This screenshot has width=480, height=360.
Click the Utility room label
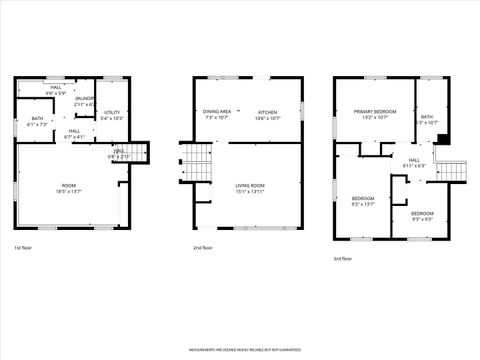(x=112, y=112)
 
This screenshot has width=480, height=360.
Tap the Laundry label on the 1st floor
(x=84, y=98)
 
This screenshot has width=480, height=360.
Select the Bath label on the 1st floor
(x=37, y=119)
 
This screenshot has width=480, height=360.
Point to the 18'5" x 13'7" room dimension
(x=68, y=190)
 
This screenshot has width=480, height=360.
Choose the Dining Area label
(x=217, y=111)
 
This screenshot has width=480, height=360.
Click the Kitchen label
(x=267, y=111)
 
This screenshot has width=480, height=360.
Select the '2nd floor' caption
(x=203, y=247)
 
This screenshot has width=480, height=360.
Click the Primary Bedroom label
(x=374, y=111)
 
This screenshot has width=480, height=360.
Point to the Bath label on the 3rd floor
(x=427, y=117)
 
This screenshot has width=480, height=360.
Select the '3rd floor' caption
(x=343, y=258)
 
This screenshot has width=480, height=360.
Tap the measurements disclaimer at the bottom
(x=240, y=350)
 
